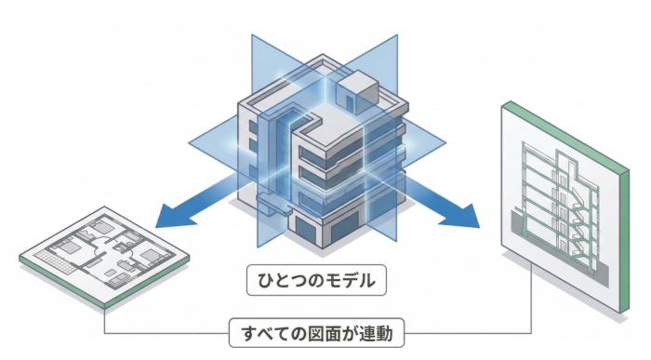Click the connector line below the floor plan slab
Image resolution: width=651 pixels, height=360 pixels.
click(x=105, y=321)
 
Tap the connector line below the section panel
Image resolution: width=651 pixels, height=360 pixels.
click(x=531, y=298)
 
